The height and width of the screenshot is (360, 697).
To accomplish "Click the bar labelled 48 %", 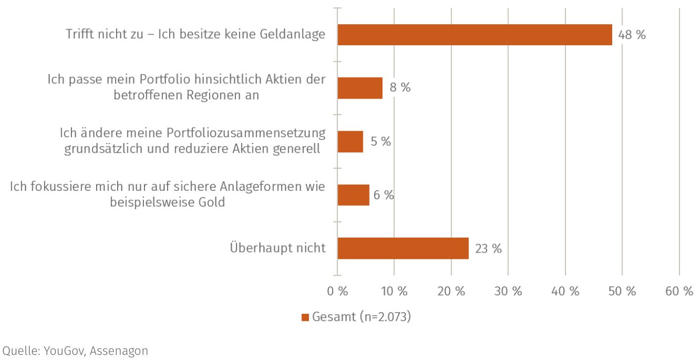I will point(474,35).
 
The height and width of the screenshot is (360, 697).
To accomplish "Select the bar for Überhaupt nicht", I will point(403,248).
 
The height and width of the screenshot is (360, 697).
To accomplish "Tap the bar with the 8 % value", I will point(360,88).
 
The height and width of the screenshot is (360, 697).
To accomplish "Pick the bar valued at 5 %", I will point(350,141).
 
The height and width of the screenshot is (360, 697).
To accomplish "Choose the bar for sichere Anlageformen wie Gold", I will point(353,195).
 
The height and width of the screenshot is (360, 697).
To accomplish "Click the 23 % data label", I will point(488,249).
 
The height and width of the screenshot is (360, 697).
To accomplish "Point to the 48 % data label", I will point(632,35).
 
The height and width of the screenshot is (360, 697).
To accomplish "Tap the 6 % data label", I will point(383,195).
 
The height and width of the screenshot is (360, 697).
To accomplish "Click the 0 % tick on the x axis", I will point(338,291).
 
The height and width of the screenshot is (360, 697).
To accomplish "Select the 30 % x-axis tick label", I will point(508,291).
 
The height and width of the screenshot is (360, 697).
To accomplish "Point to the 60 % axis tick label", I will point(679,291).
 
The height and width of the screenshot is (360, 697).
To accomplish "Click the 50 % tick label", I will point(622,291).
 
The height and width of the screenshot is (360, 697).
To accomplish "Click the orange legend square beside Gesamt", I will point(305,317).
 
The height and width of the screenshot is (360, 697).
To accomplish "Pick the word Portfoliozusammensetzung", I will point(246,133).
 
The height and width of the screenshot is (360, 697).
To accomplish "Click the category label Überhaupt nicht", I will point(278,248).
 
